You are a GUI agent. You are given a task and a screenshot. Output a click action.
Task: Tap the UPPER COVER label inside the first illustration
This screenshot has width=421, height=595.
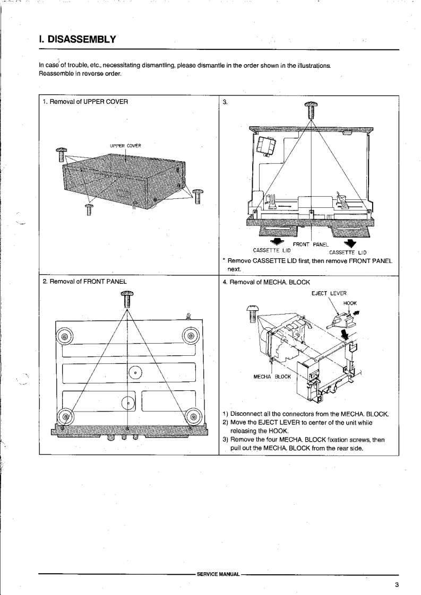click(x=125, y=146)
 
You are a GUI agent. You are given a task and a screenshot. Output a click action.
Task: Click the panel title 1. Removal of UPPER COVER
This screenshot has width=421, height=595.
click(x=85, y=101)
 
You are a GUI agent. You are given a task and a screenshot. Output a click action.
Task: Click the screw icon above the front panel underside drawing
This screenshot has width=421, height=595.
click(x=127, y=299)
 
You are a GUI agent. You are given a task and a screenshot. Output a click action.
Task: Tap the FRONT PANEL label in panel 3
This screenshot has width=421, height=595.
click(x=311, y=244)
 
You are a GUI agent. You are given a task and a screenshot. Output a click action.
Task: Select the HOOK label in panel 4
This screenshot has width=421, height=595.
click(x=350, y=303)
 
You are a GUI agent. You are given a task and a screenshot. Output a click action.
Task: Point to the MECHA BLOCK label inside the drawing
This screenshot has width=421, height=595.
click(x=272, y=377)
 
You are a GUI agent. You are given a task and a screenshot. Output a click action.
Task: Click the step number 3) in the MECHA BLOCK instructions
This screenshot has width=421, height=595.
click(x=225, y=440)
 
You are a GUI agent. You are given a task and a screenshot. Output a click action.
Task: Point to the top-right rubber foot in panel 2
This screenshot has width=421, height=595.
click(x=190, y=336)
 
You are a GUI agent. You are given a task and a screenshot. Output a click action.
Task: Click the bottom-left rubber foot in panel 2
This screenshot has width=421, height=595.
click(x=64, y=416)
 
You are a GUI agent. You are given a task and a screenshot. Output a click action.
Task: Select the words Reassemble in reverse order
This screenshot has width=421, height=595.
click(x=80, y=73)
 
